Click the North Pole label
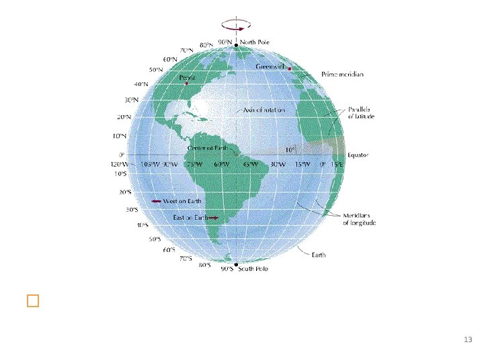[x=255, y=41]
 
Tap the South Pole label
[x=253, y=269]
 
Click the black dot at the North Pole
[x=236, y=45]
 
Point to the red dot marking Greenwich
[x=290, y=68]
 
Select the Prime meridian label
[x=343, y=75]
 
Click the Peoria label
[x=186, y=78]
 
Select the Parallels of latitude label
[x=362, y=112]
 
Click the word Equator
[x=358, y=155]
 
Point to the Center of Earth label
[x=206, y=149]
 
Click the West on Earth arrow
[x=155, y=201]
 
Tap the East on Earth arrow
[x=214, y=218]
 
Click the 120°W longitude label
[x=120, y=164]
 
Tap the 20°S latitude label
[x=126, y=192]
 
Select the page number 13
[x=469, y=339]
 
